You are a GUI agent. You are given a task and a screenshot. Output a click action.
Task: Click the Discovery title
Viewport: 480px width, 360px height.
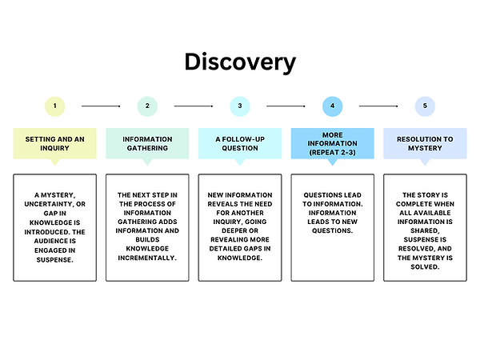click(x=240, y=62)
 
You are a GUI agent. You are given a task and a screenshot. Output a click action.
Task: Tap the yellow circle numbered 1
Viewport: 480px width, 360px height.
click(x=54, y=106)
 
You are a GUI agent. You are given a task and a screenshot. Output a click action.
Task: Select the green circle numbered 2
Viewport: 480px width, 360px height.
click(x=147, y=106)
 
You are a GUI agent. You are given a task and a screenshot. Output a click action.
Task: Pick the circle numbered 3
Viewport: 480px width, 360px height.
click(x=240, y=106)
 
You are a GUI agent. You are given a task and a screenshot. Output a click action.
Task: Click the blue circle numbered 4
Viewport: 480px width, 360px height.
click(x=333, y=106)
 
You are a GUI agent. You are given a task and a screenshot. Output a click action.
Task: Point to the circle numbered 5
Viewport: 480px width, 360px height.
click(x=425, y=106)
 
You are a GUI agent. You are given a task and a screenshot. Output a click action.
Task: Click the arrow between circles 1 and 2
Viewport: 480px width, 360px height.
click(x=101, y=106)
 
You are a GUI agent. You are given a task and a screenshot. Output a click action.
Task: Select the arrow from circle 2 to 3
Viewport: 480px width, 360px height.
click(x=194, y=106)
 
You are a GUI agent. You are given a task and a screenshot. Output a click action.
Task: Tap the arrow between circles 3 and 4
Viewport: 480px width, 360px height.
click(x=286, y=106)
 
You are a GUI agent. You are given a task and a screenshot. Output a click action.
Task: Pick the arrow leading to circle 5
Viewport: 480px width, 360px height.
click(x=378, y=106)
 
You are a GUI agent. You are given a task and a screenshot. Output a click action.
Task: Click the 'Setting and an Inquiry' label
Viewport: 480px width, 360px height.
click(x=54, y=143)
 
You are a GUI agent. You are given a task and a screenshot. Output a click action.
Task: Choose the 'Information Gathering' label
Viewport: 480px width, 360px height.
click(x=147, y=143)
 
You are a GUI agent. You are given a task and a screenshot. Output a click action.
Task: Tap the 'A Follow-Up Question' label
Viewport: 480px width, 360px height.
click(x=240, y=143)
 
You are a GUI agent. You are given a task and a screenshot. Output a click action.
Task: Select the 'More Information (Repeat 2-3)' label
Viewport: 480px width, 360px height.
click(x=333, y=143)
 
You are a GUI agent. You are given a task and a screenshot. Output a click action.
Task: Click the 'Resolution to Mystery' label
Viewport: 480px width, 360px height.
click(x=425, y=143)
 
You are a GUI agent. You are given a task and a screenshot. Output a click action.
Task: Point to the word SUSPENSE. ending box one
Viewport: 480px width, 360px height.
click(x=54, y=260)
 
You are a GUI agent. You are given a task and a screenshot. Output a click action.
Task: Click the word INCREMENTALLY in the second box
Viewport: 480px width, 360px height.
click(x=146, y=258)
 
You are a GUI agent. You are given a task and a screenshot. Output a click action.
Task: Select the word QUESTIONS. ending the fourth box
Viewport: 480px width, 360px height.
click(x=333, y=230)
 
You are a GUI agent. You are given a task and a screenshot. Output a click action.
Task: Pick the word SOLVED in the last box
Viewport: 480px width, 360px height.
click(x=424, y=266)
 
